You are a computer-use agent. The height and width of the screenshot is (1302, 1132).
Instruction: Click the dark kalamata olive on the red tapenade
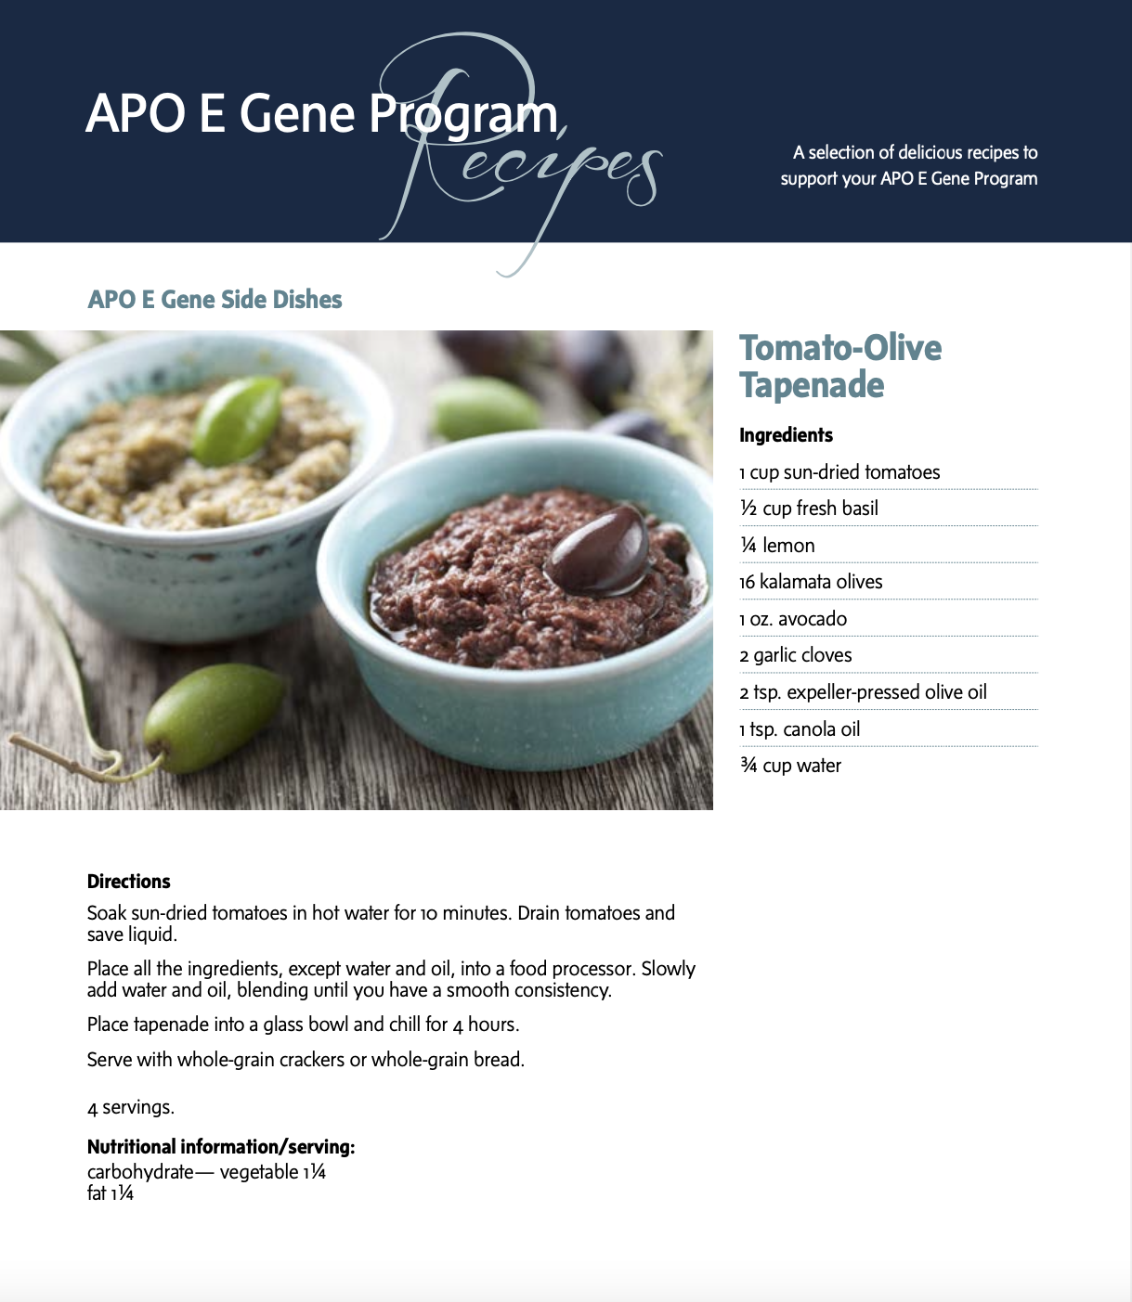click(598, 551)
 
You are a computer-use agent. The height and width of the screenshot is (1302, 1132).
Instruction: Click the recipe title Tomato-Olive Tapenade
click(839, 367)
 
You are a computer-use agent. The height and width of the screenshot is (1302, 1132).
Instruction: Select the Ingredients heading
click(786, 435)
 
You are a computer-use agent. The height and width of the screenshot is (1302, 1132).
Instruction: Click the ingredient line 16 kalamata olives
click(811, 582)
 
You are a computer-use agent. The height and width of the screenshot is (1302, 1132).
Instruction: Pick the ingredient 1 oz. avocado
click(793, 619)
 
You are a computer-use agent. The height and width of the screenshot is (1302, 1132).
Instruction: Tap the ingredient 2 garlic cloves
click(796, 655)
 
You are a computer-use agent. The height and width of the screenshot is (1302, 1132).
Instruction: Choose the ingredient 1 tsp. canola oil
click(800, 729)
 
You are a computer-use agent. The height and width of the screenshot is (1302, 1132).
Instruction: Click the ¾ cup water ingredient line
click(790, 766)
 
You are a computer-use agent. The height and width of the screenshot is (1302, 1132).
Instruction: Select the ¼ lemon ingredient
click(777, 546)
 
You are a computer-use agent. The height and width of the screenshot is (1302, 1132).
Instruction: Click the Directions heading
click(129, 882)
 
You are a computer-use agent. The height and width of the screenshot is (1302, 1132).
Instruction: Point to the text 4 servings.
click(131, 1107)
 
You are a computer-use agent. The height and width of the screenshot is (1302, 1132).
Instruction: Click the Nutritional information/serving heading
click(221, 1147)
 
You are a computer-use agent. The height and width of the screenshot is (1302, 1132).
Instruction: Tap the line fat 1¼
click(111, 1193)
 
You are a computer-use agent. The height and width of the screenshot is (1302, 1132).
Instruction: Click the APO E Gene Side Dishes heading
click(215, 300)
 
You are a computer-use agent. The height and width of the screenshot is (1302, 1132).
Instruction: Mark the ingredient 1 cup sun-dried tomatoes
click(839, 472)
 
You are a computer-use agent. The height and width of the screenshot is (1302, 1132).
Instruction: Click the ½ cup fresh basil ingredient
click(809, 509)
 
